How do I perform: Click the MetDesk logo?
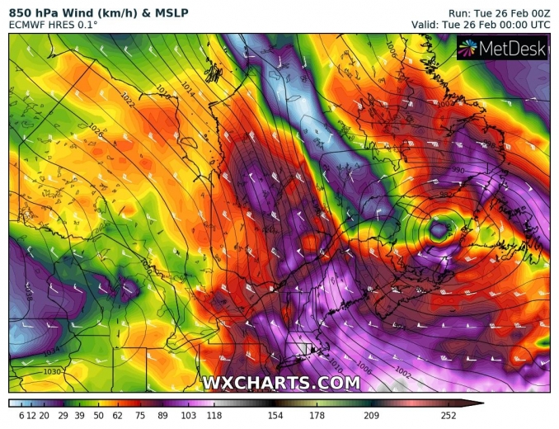click(x=503, y=50)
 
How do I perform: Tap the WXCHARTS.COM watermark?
click(x=280, y=383)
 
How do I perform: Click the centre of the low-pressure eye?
click(x=439, y=226)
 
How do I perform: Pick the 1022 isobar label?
click(x=126, y=98)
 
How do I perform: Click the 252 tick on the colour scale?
click(x=449, y=415)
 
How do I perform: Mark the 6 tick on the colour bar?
click(x=21, y=415)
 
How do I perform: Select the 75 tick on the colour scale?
click(x=140, y=415)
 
